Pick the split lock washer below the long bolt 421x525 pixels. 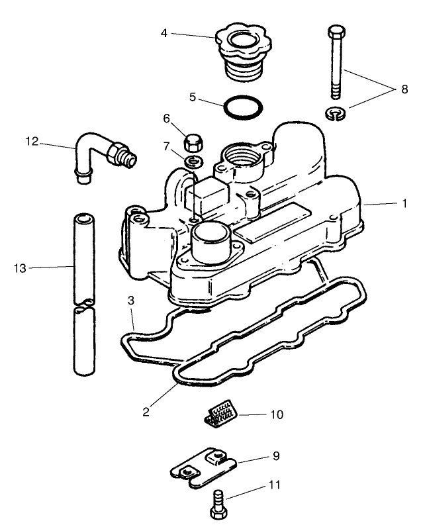337,114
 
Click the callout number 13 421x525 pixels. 19,267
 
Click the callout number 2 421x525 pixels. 146,410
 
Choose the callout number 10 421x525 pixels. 276,415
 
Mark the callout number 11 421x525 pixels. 273,485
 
